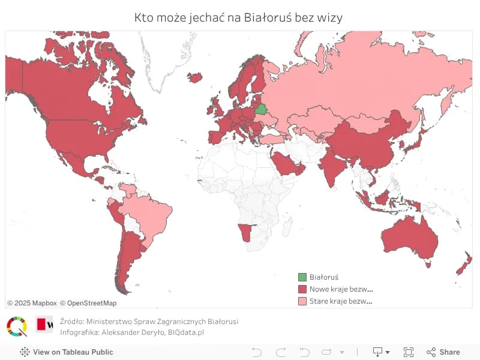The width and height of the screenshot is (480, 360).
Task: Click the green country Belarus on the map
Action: pyautogui.click(x=261, y=109)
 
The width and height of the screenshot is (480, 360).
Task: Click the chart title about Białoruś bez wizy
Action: pyautogui.click(x=239, y=17)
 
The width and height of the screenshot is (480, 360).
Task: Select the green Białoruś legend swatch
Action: pyautogui.click(x=302, y=277)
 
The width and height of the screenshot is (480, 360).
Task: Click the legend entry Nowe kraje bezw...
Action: pyautogui.click(x=341, y=289)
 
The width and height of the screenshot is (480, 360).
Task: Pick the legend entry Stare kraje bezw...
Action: pyautogui.click(x=341, y=301)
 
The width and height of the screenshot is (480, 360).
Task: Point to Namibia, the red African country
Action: pyautogui.click(x=244, y=232)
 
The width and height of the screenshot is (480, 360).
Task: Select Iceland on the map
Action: pyautogui.click(x=194, y=77)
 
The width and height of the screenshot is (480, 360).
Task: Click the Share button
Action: pyautogui.click(x=443, y=352)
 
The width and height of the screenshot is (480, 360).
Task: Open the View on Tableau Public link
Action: pyautogui.click(x=67, y=352)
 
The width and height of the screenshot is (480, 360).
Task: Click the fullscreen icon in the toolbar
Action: pyautogui.click(x=409, y=352)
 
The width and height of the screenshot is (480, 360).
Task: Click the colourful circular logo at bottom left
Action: pyautogui.click(x=17, y=326)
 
